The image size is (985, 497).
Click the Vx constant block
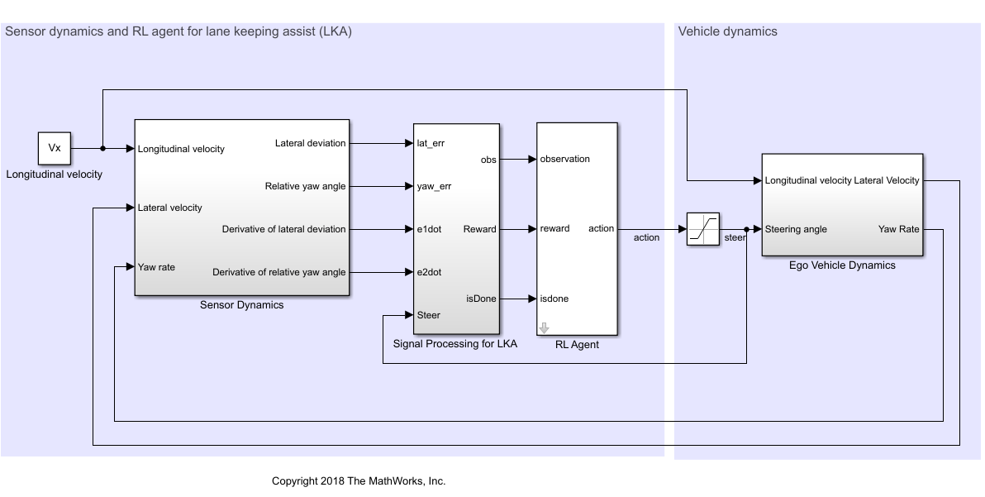55,149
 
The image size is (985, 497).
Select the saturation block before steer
702,229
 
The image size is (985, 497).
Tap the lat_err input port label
432,143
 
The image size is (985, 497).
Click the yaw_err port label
435,186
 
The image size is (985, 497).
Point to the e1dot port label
430,229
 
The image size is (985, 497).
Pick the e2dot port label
430,272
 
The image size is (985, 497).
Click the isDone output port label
482,299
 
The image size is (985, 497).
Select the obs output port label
488,159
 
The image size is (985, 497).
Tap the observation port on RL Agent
565,159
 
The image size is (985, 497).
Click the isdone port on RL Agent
554,299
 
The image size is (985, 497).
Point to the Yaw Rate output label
899,229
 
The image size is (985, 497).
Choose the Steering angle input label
796,229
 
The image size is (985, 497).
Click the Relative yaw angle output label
305,186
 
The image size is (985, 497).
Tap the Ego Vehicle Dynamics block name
842,265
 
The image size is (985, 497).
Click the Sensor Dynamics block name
242,305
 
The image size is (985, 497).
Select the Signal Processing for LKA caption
455,344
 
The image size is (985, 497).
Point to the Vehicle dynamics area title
727,32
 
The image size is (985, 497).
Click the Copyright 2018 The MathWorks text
359,481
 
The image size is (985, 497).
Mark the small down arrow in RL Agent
544,327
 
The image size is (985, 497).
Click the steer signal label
735,238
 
